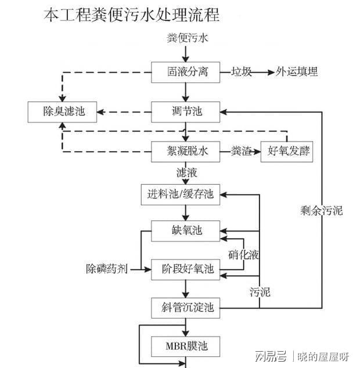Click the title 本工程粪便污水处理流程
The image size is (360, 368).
pos(132,15)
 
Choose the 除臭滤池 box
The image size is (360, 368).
pos(63,111)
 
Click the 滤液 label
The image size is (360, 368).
pos(186,173)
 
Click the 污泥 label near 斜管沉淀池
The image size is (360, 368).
pos(260,291)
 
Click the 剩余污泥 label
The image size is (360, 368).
pos(322,210)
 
